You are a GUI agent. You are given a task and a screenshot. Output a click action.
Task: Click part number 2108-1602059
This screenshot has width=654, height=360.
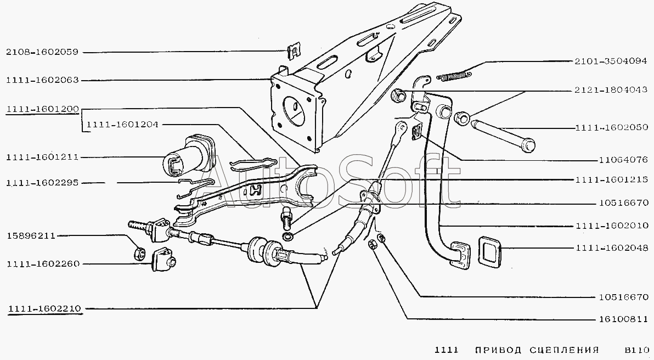[x=43, y=53]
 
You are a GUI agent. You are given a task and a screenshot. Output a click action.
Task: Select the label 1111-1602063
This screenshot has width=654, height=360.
[x=43, y=80]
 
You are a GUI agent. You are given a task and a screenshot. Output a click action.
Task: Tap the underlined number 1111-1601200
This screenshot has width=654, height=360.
[x=43, y=110]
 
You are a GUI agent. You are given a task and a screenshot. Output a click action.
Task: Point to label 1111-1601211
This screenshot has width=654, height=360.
[x=43, y=157]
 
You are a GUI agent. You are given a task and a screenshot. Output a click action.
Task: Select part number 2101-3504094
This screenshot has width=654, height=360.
[x=611, y=61]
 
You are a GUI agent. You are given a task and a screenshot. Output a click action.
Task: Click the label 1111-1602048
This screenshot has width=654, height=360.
[x=611, y=248]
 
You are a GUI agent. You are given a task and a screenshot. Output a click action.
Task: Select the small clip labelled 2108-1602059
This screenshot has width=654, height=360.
[x=294, y=52]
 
